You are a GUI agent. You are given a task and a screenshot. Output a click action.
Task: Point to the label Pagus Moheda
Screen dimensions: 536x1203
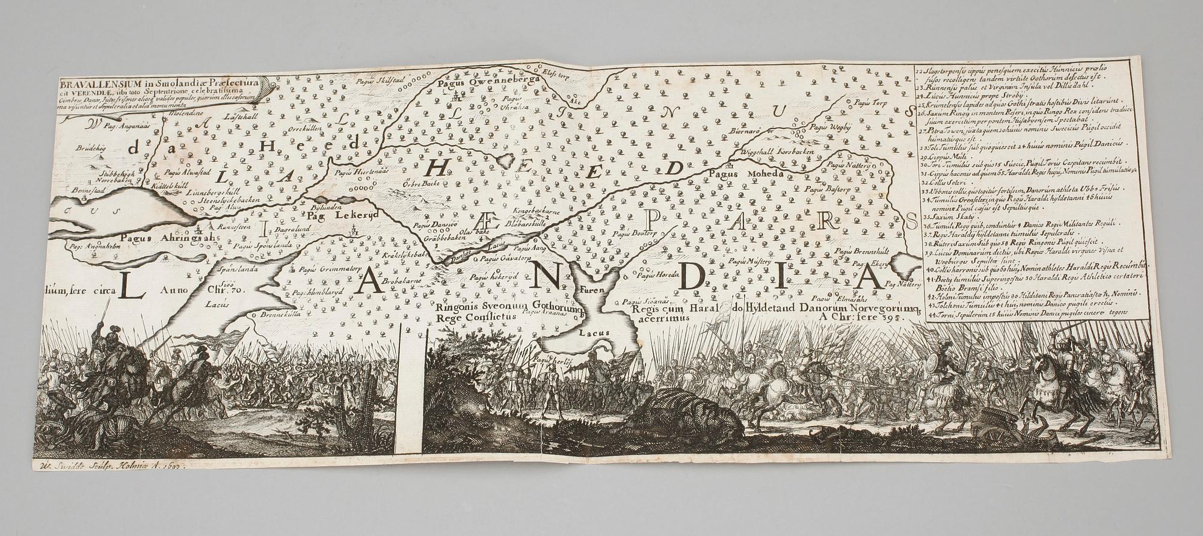(746, 174)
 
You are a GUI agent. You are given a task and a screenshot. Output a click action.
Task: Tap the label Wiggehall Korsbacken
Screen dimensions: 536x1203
(780, 153)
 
